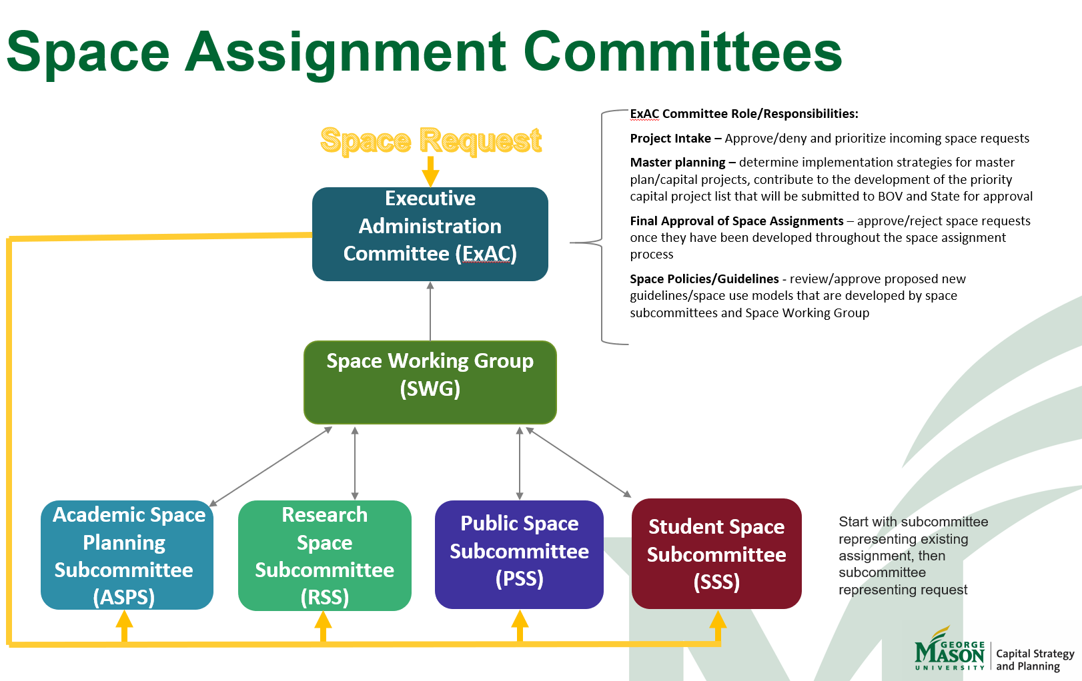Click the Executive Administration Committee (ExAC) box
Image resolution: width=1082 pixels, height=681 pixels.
coord(430,233)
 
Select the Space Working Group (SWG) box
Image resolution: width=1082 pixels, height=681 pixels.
coord(430,382)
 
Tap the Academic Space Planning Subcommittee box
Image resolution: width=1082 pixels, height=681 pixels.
coord(127,554)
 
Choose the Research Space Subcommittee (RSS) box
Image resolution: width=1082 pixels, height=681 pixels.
coord(325,554)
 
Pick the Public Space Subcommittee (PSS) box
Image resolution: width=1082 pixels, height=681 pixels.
coord(519,554)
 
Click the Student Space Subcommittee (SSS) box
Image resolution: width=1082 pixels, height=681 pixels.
coord(716,553)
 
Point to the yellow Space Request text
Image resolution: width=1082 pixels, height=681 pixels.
coord(430,141)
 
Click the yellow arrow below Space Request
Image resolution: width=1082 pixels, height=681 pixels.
coord(430,173)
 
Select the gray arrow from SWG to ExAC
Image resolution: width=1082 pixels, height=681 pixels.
coord(430,311)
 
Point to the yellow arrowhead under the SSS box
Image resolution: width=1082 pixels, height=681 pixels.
coord(718,621)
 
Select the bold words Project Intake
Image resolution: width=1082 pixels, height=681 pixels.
coord(670,139)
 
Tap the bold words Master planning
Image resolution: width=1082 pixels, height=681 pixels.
coord(678,163)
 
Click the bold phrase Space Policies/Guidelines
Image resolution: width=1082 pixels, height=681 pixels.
coord(704,279)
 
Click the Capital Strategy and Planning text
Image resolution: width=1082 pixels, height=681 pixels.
coord(1035,660)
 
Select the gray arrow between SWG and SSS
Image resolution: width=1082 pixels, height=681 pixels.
coord(578,462)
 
